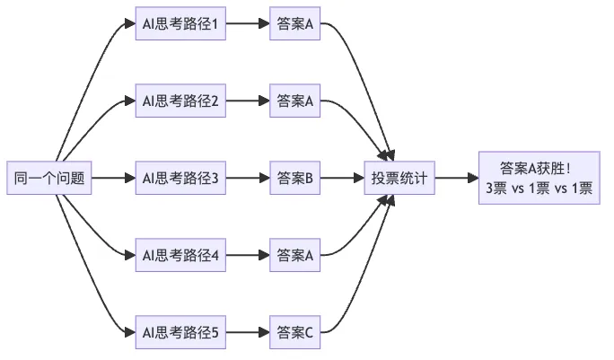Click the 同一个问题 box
pos(49,178)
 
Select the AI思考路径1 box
pos(180,23)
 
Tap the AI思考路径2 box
pos(180,101)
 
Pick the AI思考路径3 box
pos(180,178)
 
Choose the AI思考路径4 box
pos(180,255)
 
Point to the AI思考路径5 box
pos(180,332)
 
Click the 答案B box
pos(294,178)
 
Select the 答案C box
pos(294,332)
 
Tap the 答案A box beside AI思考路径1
pos(294,23)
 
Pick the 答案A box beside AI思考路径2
pos(294,101)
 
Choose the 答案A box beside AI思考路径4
pos(294,255)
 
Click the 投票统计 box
pos(399,178)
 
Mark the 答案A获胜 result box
pos(539,178)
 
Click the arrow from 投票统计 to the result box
pos(457,178)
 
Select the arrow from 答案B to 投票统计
pos(342,178)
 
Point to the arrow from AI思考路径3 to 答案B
pos(248,178)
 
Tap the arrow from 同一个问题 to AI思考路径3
pos(114,178)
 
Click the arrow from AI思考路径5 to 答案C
pos(248,332)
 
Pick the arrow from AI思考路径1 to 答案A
pos(248,23)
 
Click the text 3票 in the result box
pos(496,189)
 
